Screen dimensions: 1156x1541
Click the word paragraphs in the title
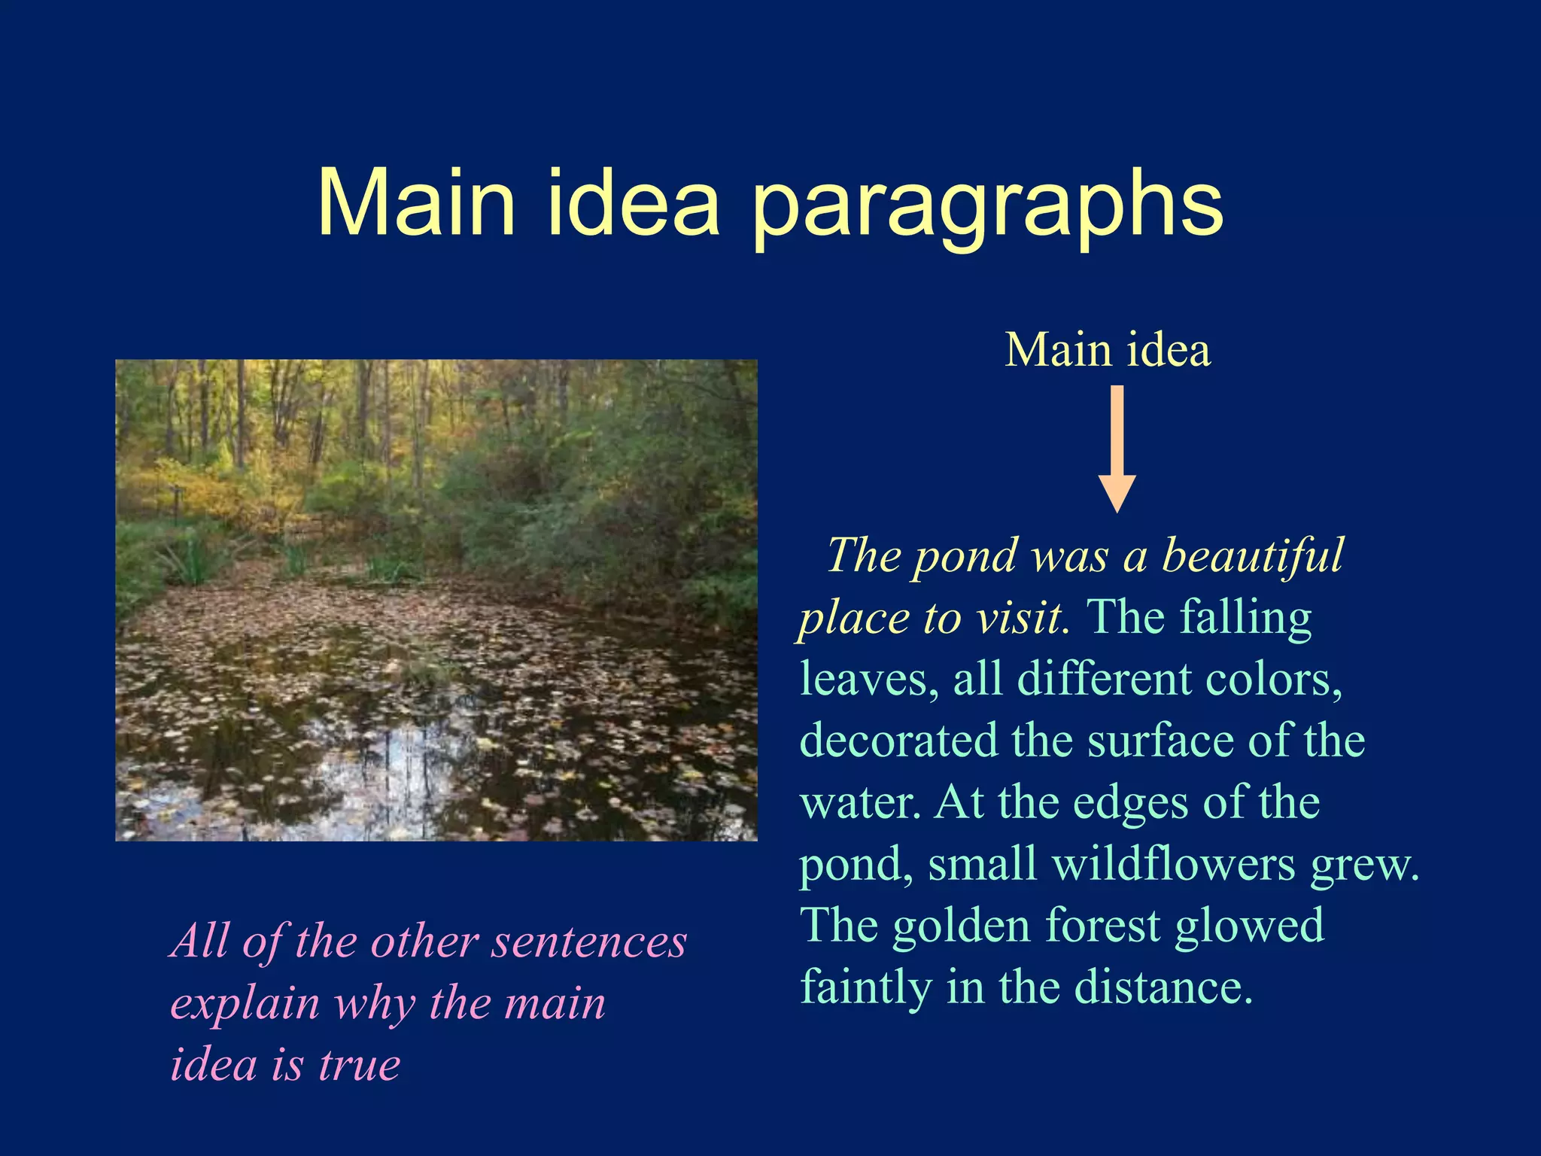click(987, 205)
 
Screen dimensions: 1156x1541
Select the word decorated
click(898, 741)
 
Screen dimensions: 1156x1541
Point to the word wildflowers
click(1173, 864)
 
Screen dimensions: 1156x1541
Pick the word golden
click(961, 926)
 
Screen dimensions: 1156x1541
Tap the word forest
click(1102, 926)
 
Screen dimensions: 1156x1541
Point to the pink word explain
click(245, 1004)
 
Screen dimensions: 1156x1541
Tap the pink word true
click(359, 1066)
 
